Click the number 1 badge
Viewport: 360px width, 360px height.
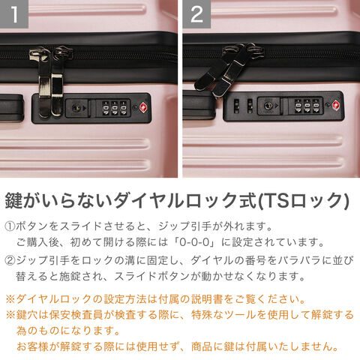point(14,14)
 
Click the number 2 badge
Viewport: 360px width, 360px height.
point(196,14)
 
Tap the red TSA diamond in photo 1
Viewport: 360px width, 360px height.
point(143,108)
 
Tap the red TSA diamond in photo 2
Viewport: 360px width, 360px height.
point(336,105)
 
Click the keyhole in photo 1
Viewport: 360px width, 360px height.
point(76,108)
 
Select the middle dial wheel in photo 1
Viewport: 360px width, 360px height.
point(115,108)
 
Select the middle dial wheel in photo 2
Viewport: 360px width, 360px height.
point(307,106)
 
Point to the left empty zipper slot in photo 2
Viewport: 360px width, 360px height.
point(236,106)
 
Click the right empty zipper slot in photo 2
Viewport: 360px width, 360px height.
point(250,106)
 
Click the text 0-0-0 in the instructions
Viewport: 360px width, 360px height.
point(194,242)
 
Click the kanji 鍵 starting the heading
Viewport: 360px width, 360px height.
point(14,200)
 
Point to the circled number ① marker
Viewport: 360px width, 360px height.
point(10,226)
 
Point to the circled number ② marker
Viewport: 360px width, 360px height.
point(10,261)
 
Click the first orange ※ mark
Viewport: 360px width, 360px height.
point(10,299)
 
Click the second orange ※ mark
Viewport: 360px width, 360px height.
point(10,315)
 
